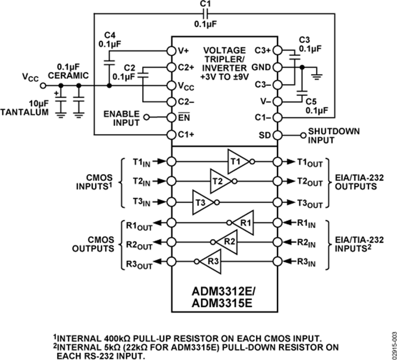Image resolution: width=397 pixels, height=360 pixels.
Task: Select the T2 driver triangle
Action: [x=219, y=181]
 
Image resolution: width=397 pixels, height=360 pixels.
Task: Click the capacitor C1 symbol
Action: [x=204, y=14]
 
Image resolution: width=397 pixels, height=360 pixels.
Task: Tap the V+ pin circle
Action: [x=172, y=50]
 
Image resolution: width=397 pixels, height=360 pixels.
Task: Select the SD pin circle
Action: [x=277, y=135]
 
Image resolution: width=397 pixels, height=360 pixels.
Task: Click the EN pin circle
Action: [x=172, y=118]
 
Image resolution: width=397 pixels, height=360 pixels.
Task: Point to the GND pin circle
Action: [x=277, y=67]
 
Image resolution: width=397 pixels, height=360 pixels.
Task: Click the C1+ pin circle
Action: [x=172, y=135]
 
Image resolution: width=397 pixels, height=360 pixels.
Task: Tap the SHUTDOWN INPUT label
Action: [x=328, y=135]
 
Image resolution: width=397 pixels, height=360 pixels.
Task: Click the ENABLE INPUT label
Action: [x=121, y=118]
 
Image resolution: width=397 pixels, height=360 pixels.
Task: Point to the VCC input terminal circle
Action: [x=43, y=85]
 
